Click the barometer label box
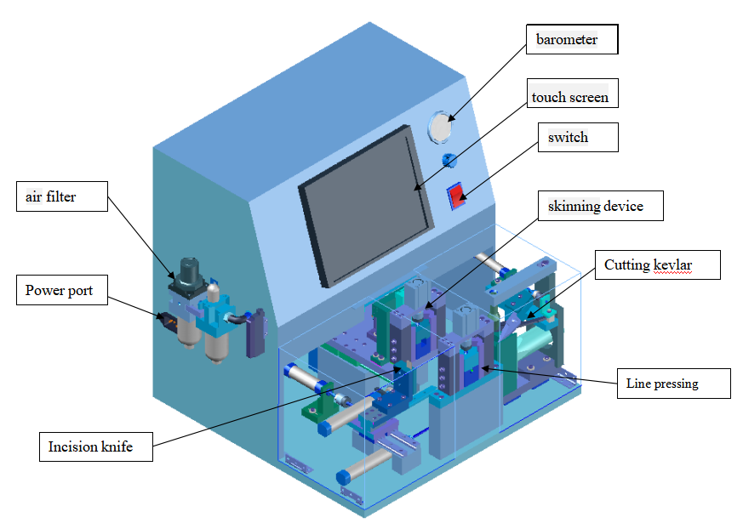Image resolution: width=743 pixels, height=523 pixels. (x=572, y=39)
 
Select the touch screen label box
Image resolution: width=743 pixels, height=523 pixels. (x=573, y=94)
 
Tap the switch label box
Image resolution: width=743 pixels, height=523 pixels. (x=578, y=137)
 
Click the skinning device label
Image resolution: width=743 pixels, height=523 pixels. (x=600, y=206)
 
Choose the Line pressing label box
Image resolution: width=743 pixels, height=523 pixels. (x=674, y=384)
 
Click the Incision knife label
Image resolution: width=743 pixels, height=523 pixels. (x=95, y=446)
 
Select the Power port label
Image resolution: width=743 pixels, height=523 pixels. (x=62, y=290)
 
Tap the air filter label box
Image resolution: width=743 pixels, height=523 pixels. (x=62, y=196)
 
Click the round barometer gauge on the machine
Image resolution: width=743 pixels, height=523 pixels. (x=441, y=127)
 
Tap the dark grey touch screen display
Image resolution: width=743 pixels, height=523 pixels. (x=366, y=206)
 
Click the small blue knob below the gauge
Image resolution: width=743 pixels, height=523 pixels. (x=449, y=160)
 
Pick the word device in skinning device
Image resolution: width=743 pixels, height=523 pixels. (x=624, y=207)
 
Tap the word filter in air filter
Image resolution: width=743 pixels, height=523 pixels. (x=60, y=196)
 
